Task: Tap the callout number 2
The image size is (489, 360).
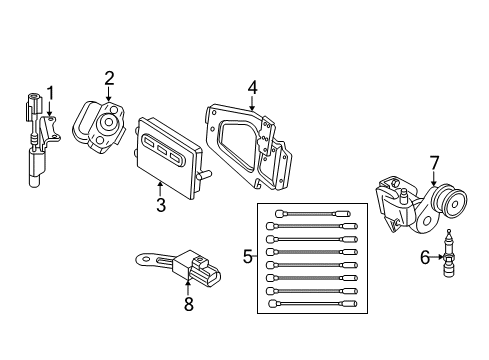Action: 109,77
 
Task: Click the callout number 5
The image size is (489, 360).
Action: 247,257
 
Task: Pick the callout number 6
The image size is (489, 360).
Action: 425,258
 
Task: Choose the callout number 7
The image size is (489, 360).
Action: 434,161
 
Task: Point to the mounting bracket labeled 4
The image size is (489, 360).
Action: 245,145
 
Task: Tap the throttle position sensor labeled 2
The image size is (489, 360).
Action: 108,125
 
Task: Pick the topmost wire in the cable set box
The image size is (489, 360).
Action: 308,214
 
